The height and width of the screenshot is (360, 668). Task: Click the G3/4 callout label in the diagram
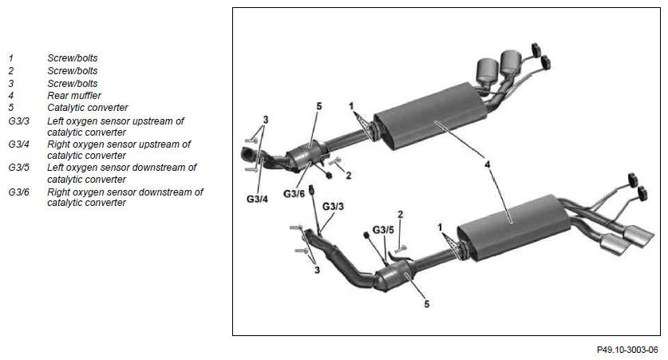click(257, 199)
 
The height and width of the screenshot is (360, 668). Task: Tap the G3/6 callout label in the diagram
click(294, 194)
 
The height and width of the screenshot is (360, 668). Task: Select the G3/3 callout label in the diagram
click(333, 207)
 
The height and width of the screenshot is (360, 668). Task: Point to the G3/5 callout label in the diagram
click(383, 230)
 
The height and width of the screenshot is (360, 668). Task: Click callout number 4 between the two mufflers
click(488, 164)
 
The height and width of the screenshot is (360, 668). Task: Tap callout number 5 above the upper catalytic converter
click(319, 106)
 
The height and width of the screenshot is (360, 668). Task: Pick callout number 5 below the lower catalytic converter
click(426, 304)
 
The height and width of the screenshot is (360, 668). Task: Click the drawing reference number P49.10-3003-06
click(627, 350)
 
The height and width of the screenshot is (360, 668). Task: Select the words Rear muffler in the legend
click(74, 96)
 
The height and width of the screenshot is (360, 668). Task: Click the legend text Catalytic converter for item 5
click(87, 107)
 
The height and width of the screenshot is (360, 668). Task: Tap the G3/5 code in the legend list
click(18, 168)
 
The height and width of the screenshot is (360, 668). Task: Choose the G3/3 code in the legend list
click(18, 121)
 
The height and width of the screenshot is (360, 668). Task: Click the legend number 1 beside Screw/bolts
click(10, 58)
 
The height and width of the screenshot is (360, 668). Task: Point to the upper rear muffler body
click(430, 117)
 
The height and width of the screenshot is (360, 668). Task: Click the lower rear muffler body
click(513, 227)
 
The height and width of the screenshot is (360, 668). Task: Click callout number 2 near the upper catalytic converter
click(349, 175)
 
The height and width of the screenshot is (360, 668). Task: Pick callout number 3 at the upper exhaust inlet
click(266, 120)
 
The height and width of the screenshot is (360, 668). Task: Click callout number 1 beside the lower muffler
click(440, 227)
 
